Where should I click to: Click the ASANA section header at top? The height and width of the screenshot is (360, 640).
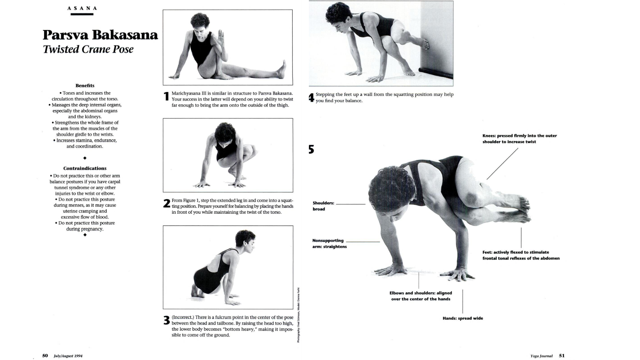pyautogui.click(x=82, y=8)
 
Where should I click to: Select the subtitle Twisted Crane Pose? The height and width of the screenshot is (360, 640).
pyautogui.click(x=88, y=49)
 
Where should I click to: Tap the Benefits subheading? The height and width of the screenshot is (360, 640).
pyautogui.click(x=85, y=86)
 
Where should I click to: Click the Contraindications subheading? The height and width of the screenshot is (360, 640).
pyautogui.click(x=85, y=168)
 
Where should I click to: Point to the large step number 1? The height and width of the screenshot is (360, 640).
pyautogui.click(x=167, y=97)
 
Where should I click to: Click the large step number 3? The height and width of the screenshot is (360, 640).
pyautogui.click(x=167, y=321)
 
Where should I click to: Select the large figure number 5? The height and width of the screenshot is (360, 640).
pyautogui.click(x=311, y=149)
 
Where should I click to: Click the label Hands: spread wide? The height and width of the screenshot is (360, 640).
pyautogui.click(x=463, y=318)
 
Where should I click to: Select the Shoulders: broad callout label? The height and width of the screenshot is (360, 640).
pyautogui.click(x=323, y=206)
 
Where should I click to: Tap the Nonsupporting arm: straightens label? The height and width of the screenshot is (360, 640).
pyautogui.click(x=329, y=243)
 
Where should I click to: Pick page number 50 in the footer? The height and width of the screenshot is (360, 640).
pyautogui.click(x=45, y=356)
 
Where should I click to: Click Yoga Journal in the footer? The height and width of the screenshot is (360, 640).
pyautogui.click(x=541, y=356)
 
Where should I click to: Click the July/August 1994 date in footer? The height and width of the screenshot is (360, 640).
pyautogui.click(x=68, y=356)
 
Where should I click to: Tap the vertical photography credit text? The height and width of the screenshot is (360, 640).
pyautogui.click(x=299, y=315)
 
